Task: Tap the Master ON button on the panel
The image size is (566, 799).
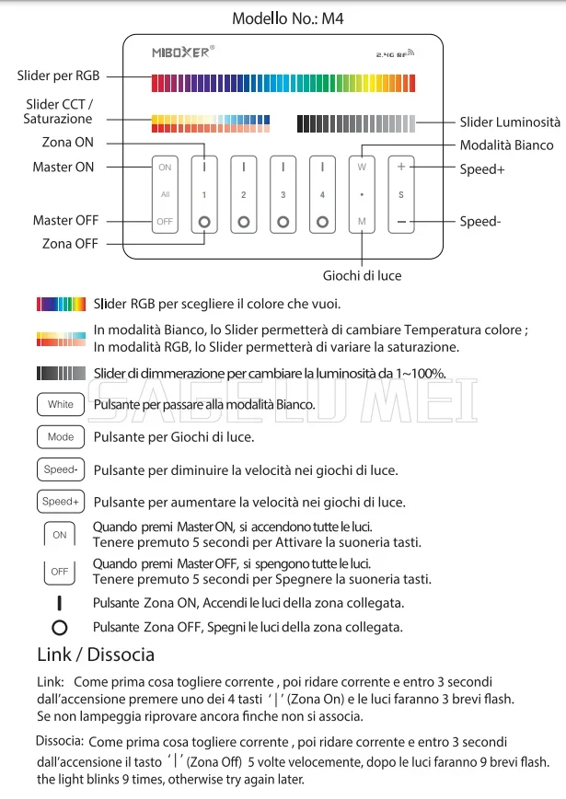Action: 165,168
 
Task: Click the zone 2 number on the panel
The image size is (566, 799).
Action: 243,195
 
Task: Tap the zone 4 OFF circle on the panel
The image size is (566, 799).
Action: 322,222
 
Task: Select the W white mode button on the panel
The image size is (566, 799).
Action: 362,168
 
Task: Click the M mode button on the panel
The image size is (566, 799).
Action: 362,222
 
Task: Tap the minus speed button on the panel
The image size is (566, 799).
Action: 401,222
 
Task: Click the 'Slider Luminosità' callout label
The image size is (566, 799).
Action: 510,122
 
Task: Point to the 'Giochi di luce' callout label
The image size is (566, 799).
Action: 362,275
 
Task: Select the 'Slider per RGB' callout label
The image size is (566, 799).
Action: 58,75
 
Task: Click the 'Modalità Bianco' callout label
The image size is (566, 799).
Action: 507,145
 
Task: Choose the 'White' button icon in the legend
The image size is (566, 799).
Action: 61,404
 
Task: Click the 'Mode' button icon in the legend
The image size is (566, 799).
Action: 61,437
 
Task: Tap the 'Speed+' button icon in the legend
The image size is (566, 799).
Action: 61,502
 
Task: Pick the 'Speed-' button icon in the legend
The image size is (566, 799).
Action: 61,469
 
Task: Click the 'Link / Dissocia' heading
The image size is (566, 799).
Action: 96,655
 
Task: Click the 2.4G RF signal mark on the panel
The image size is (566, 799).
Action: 396,54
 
